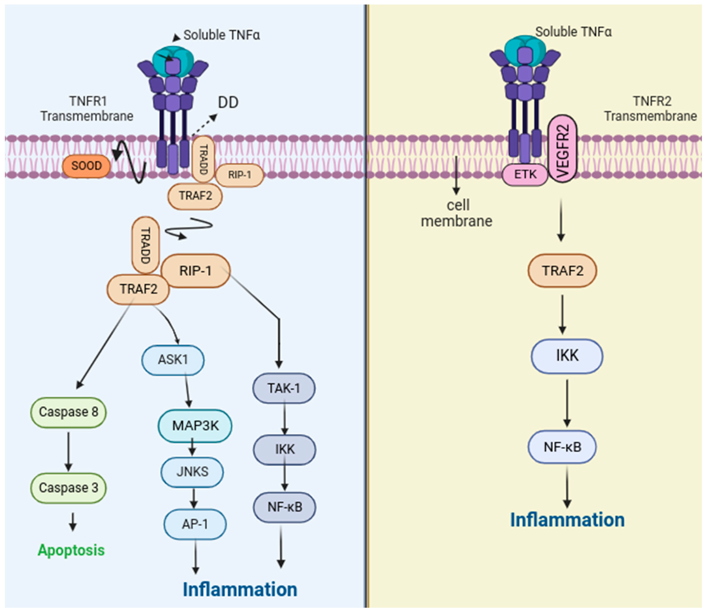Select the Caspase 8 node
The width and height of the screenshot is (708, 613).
click(x=68, y=412)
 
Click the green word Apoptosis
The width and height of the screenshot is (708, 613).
click(x=71, y=550)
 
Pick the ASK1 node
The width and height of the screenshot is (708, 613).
click(x=173, y=360)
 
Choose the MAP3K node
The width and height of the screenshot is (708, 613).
click(x=195, y=426)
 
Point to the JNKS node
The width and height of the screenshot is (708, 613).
click(x=192, y=472)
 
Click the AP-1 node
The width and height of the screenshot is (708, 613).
click(x=195, y=524)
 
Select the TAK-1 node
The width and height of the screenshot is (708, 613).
click(x=284, y=388)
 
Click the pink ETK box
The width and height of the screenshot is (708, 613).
click(x=525, y=174)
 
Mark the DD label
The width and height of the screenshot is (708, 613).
click(x=228, y=102)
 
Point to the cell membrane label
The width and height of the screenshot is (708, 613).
click(x=457, y=213)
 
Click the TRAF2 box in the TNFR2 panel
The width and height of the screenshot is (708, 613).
click(x=563, y=271)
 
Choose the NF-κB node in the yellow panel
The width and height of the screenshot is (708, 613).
click(x=563, y=447)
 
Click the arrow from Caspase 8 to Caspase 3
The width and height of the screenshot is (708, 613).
click(x=68, y=452)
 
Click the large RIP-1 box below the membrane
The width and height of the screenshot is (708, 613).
click(x=196, y=271)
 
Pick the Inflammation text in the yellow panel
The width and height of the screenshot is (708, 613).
click(x=567, y=520)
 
